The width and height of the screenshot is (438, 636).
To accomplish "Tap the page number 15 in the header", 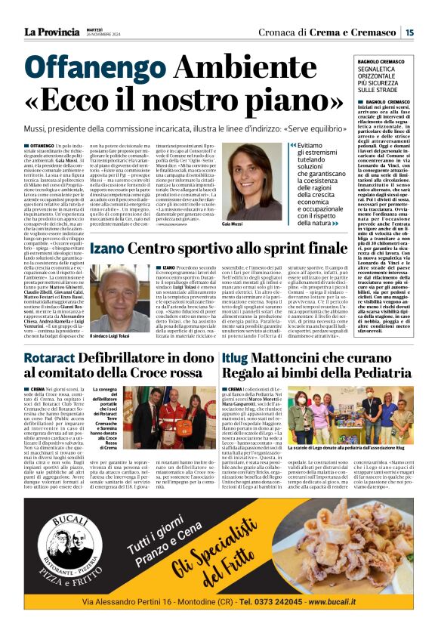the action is click(x=409, y=32).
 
